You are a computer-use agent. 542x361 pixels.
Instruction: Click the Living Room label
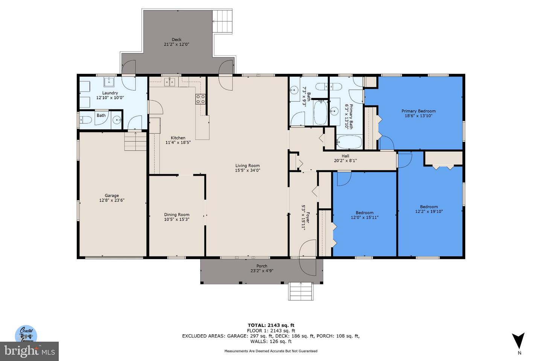click(247, 165)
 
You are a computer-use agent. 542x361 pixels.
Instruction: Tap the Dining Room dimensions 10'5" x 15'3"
click(177, 219)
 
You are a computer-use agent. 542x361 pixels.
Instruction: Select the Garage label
click(112, 196)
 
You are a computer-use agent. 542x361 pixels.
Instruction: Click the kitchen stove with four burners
click(200, 99)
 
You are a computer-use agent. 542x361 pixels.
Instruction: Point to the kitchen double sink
click(171, 82)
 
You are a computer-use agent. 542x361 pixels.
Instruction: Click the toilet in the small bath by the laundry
click(85, 120)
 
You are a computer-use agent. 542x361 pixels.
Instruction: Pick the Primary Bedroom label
click(418, 111)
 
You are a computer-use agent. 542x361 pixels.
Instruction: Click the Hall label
click(345, 156)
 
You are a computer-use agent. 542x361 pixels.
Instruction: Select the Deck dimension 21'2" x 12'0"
click(177, 44)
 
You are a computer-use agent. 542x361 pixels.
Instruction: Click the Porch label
click(262, 266)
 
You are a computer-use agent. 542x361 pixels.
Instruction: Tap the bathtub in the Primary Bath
click(349, 143)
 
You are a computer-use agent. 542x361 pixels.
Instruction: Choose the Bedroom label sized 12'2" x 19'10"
click(429, 206)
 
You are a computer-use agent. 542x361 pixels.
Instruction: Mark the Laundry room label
click(110, 93)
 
